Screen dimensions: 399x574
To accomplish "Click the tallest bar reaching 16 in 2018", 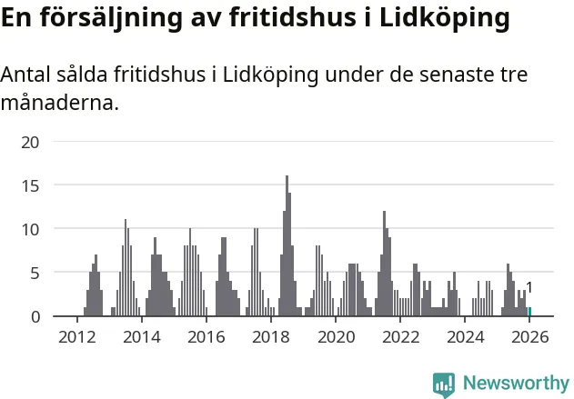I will tap(287, 245).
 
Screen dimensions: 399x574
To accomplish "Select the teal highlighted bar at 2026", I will tap(529, 312).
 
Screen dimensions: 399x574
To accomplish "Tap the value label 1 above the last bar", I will tap(529, 288).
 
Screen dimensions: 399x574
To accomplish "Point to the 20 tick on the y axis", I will tap(30, 142).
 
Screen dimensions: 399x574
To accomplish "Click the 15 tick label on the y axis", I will tap(30, 185).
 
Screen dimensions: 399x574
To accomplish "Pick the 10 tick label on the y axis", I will tap(30, 229).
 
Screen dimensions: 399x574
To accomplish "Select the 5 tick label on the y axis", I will tap(35, 273).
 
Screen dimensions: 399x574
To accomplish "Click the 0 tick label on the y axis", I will tap(35, 316).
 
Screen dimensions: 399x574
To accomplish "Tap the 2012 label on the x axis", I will tap(76, 338).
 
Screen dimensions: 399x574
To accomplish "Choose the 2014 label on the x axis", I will tap(140, 338).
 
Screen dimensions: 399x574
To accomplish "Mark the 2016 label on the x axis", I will tap(206, 338).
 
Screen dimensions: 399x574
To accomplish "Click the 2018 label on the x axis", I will tap(270, 338).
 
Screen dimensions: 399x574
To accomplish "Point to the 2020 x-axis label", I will tap(336, 338).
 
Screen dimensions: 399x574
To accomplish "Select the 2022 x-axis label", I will tap(400, 338).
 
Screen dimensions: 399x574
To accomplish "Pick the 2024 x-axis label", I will tap(465, 338).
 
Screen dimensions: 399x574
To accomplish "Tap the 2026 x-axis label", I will tap(529, 338).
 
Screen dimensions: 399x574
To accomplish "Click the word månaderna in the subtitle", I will tap(58, 103).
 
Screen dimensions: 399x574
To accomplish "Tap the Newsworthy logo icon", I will tap(444, 384).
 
